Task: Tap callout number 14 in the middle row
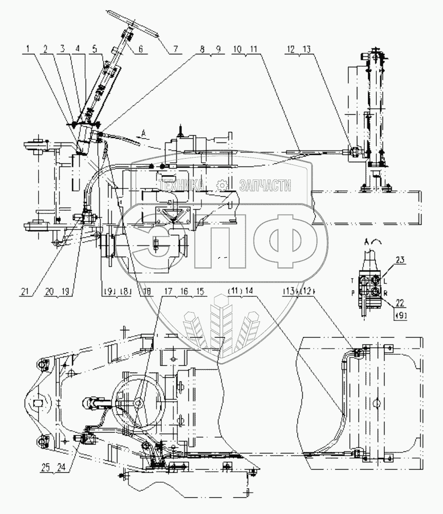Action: coord(248,291)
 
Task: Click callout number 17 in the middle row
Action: coord(168,291)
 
